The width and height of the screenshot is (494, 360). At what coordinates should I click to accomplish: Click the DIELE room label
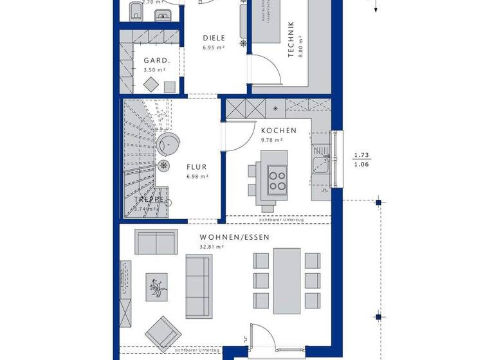[x=214, y=38]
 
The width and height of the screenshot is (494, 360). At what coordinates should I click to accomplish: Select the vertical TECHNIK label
[x=291, y=40]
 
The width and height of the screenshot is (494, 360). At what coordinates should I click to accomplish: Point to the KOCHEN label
[x=279, y=130]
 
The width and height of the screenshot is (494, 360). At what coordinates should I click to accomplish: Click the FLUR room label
[x=197, y=166]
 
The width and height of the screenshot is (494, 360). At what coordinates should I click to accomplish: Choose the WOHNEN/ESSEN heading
[x=234, y=237]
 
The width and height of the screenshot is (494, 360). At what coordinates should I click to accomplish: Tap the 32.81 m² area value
[x=211, y=247]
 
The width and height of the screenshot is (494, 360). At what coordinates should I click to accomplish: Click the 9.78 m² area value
[x=271, y=140]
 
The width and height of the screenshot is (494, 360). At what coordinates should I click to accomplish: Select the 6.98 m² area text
[x=197, y=176]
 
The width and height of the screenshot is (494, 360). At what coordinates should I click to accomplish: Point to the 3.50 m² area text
[x=155, y=69]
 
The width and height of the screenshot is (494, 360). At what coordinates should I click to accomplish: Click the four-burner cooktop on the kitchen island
[x=277, y=178]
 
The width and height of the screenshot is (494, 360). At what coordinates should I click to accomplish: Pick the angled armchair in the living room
[x=161, y=332]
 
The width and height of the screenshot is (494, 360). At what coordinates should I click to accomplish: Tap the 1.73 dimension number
[x=361, y=155]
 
